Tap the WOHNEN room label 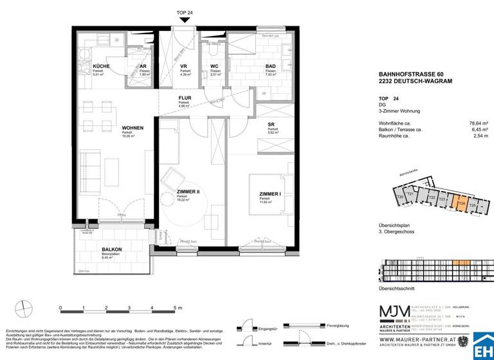pyautogui.click(x=133, y=128)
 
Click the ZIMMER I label pyautogui.click(x=271, y=194)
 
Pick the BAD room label pyautogui.click(x=271, y=67)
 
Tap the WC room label pyautogui.click(x=216, y=67)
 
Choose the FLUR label pyautogui.click(x=185, y=98)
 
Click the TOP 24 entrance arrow pyautogui.click(x=185, y=19)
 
